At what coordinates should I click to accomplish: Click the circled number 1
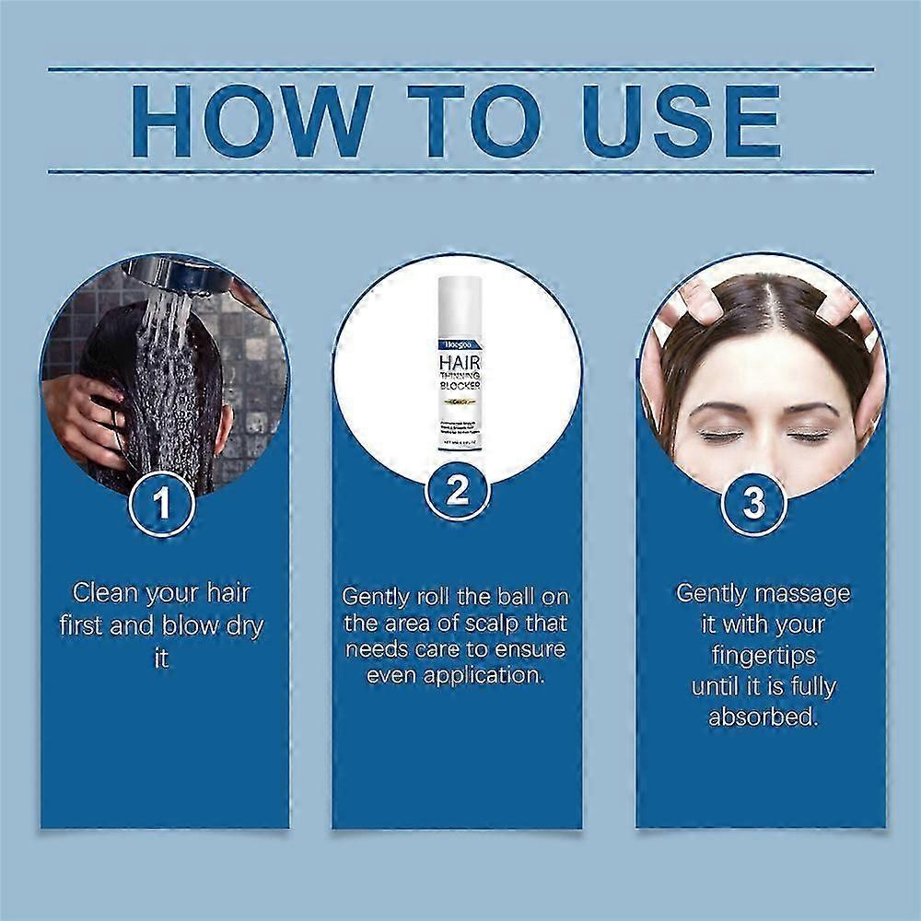162,504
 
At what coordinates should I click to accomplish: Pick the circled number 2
458,494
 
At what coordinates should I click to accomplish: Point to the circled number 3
754,503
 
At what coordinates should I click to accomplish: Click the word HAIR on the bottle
458,339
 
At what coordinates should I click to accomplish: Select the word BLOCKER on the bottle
458,387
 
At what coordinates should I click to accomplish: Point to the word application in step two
502,675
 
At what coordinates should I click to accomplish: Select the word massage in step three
804,593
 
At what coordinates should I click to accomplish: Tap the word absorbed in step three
762,717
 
